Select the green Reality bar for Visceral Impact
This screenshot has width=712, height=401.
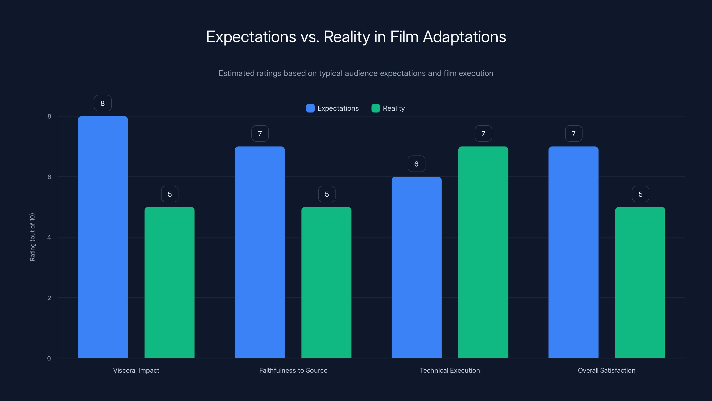tap(169, 282)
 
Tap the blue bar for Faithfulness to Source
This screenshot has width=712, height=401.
tap(259, 252)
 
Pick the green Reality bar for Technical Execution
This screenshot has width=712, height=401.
tap(483, 252)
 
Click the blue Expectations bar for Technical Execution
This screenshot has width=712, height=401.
tap(416, 267)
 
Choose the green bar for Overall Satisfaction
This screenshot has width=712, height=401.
tap(640, 282)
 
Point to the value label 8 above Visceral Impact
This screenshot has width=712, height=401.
tap(103, 103)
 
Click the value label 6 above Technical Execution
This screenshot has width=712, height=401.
tap(416, 164)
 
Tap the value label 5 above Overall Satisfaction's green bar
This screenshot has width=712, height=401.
tap(640, 194)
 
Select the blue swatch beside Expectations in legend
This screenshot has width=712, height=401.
tap(310, 108)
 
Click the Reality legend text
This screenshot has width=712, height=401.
tap(394, 108)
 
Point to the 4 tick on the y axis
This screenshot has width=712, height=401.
tap(49, 237)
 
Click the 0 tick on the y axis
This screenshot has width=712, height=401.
tap(49, 358)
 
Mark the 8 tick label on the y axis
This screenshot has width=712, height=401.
tap(49, 116)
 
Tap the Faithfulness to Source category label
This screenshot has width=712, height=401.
tap(293, 370)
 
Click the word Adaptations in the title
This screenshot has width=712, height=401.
tap(464, 37)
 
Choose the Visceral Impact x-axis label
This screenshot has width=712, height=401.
tap(136, 370)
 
